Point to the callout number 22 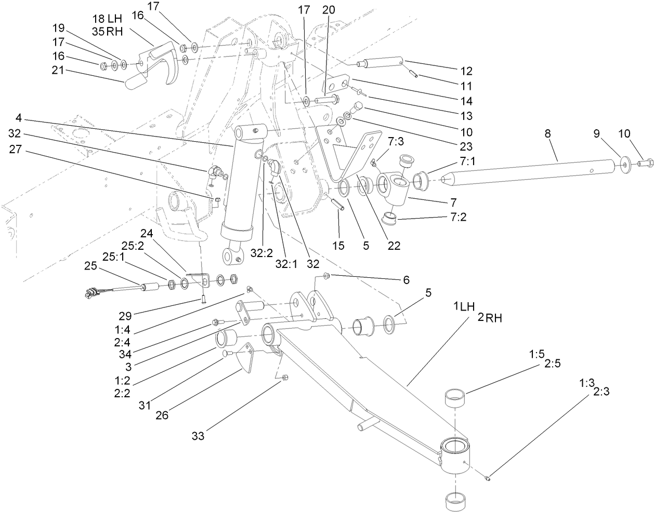(394, 245)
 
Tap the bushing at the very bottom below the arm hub (456, 500)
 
